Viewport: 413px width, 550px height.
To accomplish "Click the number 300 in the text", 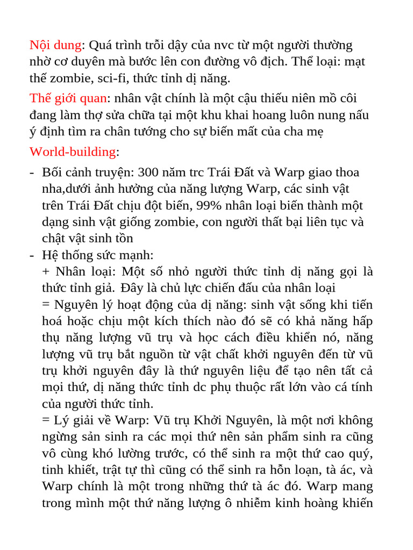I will [148, 173].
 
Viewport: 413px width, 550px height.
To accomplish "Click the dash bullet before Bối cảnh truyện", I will [33, 173].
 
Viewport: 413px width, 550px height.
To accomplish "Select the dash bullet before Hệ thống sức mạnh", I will [33, 255].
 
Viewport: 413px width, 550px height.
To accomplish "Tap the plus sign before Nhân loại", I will [46, 272].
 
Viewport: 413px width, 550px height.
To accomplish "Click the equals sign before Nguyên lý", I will [46, 305].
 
